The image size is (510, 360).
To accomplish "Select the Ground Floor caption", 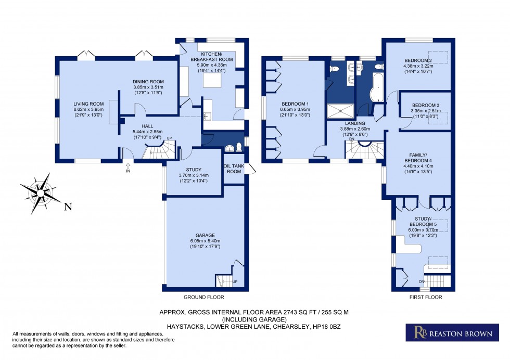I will coord(203,298).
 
